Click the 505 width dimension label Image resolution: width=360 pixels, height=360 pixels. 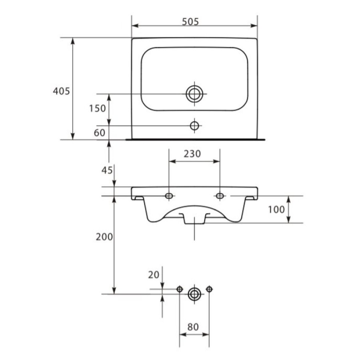point(190,22)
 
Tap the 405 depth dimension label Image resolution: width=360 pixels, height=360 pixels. point(61,91)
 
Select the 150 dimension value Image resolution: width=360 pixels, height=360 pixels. point(98,108)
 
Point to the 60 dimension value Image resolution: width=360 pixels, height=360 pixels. point(100,133)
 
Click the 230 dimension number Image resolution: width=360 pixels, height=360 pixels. point(192,154)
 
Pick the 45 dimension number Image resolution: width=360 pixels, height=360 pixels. point(107,170)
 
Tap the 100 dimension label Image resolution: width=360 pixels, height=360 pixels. point(276,209)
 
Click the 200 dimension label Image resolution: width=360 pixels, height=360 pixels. point(104,237)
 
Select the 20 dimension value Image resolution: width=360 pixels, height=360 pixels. point(154,275)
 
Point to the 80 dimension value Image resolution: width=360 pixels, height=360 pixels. point(193,327)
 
